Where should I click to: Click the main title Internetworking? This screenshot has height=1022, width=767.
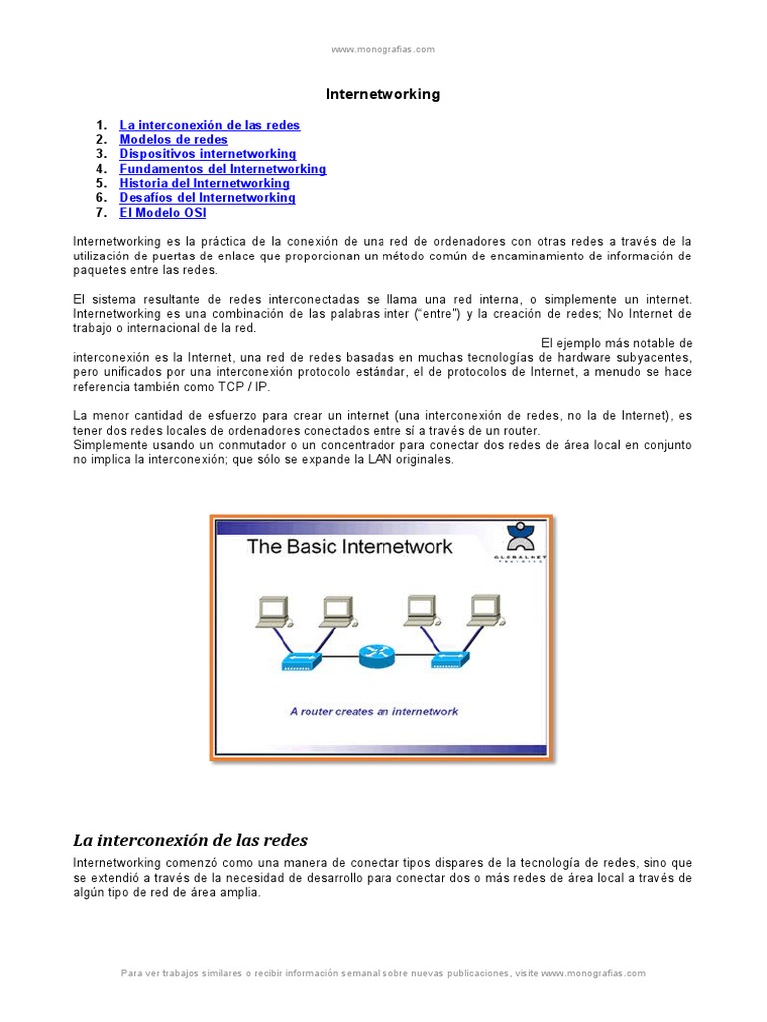(383, 94)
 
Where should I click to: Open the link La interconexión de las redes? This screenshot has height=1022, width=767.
(210, 125)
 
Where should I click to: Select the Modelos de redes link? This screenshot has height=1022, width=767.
(174, 140)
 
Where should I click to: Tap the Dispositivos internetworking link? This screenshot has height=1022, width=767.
(208, 154)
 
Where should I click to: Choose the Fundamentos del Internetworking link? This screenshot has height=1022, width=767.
(223, 169)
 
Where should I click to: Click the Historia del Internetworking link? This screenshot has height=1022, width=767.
(205, 183)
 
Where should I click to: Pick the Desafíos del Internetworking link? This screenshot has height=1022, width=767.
(208, 198)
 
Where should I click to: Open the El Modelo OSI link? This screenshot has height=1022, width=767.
(163, 212)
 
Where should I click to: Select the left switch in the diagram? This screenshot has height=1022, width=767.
(300, 661)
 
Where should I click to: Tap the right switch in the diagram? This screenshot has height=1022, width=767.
(452, 661)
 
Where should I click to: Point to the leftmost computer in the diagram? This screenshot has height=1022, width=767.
(272, 611)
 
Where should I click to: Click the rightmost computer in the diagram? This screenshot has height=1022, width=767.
(484, 611)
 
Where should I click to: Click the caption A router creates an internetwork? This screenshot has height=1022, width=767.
(374, 711)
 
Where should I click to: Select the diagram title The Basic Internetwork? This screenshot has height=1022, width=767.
(350, 546)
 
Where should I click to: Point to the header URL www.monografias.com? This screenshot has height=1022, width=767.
(383, 48)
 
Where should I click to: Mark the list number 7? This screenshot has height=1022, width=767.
(101, 212)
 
